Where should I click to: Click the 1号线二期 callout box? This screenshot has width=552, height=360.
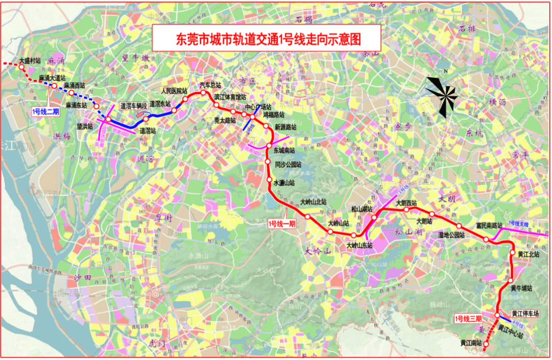[x=45, y=110]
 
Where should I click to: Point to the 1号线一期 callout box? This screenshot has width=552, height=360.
[x=282, y=223]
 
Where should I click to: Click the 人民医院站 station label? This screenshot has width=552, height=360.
[x=175, y=91]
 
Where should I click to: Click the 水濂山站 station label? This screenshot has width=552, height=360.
[x=284, y=183]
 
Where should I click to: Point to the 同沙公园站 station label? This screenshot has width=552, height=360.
[x=288, y=165]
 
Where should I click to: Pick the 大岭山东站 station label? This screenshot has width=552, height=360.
[x=360, y=245]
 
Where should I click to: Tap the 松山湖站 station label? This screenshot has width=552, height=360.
[x=362, y=209]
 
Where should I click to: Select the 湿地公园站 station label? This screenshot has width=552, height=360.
[x=451, y=235]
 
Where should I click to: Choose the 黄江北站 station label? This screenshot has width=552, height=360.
[x=526, y=254]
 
